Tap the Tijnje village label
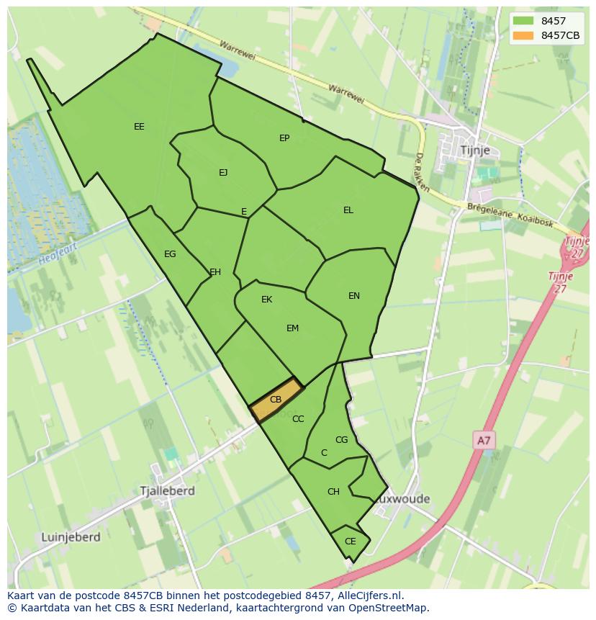click(x=474, y=150)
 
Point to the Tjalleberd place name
click(x=168, y=490)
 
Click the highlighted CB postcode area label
click(x=276, y=399)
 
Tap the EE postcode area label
click(x=139, y=127)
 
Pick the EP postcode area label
click(x=284, y=138)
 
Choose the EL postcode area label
click(x=348, y=210)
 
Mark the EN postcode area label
click(x=354, y=296)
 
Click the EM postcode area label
click(x=292, y=328)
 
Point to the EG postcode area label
click(x=170, y=254)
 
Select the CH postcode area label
click(x=333, y=492)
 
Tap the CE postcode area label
click(x=351, y=542)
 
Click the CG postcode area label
click(x=342, y=440)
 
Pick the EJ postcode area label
click(x=223, y=172)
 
